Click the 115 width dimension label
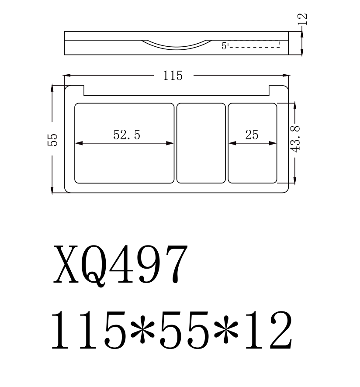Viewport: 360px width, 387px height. coord(173,76)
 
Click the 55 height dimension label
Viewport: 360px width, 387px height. coord(52,139)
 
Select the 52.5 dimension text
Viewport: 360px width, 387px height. coord(127,135)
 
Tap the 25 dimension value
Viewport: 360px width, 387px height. coord(252,135)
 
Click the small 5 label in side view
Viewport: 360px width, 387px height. coord(224,46)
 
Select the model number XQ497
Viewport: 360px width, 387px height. coord(121,264)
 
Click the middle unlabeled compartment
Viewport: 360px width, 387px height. coord(201,143)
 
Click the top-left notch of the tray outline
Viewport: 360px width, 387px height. coord(79,90)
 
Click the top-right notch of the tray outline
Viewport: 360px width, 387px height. coord(274,90)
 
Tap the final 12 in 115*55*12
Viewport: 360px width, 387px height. coord(267,330)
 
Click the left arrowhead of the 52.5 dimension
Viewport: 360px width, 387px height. coord(77,143)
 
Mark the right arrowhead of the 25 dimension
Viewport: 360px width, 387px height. coord(275,143)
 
